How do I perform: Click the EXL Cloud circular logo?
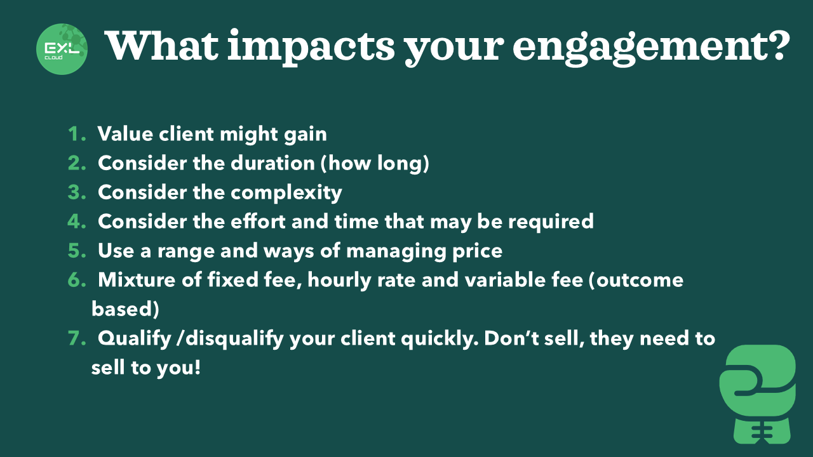62,49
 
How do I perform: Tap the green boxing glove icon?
758,394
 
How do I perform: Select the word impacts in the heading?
311,48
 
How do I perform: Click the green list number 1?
77,134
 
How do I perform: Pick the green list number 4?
77,222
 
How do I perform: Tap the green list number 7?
77,338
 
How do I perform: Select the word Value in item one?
125,134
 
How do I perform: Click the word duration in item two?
272,163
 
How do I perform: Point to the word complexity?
286,193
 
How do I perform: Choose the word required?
551,222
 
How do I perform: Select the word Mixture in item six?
136,280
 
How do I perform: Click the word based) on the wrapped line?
125,309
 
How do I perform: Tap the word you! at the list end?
178,368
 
